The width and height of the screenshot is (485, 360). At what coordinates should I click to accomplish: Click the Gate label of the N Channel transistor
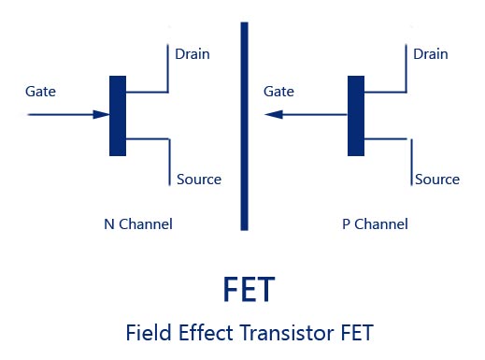pos(42,93)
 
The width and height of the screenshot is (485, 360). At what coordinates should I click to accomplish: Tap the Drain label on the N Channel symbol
pos(193,53)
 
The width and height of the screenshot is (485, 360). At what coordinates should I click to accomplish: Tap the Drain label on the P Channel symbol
pos(432,53)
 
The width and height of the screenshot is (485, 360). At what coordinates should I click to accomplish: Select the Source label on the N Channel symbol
pos(198,179)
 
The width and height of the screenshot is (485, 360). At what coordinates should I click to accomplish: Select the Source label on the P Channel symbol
pos(437,179)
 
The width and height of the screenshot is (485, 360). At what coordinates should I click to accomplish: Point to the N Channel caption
pos(138,224)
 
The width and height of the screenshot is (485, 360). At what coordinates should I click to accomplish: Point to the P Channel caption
pos(376,224)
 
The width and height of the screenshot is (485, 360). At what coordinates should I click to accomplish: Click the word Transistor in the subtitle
pos(286,332)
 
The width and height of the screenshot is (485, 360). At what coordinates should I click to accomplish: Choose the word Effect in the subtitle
pos(202,332)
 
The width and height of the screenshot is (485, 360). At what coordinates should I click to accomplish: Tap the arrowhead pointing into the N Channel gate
pos(101,115)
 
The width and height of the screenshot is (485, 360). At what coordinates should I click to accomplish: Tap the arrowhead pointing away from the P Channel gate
pos(272,115)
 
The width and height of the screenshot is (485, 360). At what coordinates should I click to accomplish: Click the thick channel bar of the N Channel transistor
pos(117,115)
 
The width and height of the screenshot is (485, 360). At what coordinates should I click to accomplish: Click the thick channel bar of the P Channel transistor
pos(356,115)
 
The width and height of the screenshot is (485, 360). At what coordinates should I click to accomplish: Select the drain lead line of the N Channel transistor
pos(168,70)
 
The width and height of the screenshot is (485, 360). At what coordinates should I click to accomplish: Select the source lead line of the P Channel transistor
pos(408,159)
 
